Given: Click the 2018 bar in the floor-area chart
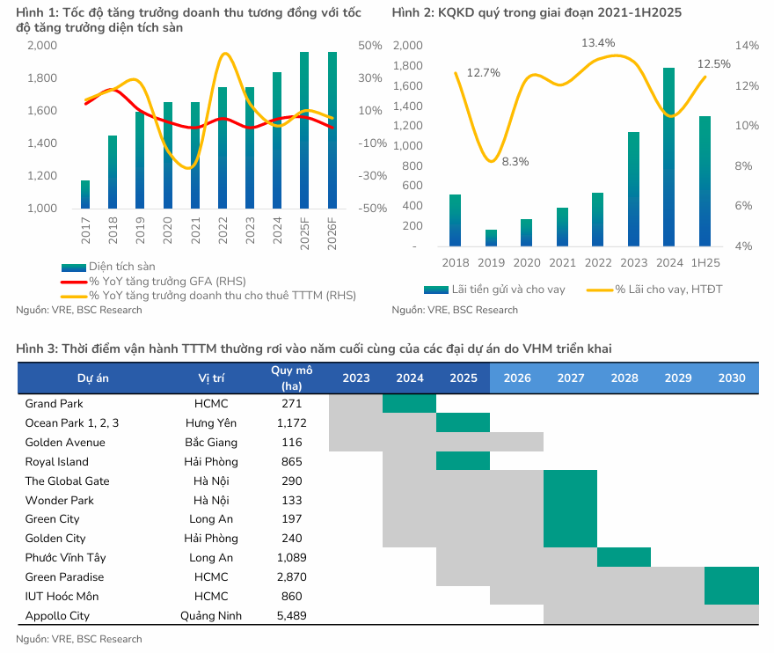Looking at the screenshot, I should click(x=113, y=172).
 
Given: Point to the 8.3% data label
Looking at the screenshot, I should click(x=515, y=161).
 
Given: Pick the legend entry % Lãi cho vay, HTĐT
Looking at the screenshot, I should click(x=668, y=289).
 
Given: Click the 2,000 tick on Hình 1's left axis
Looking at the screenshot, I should click(x=41, y=45).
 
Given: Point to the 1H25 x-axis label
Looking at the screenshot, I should click(x=705, y=263).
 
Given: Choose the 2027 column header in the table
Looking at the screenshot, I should click(x=571, y=378).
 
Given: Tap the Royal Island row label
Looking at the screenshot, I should click(x=56, y=462).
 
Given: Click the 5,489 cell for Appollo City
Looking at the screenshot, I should click(x=291, y=616).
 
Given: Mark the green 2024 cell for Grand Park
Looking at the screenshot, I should click(x=409, y=403).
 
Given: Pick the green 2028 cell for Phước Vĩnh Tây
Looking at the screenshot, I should click(x=624, y=557).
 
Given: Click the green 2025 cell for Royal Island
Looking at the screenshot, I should click(x=463, y=461).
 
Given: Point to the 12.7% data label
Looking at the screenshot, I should click(x=483, y=73).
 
